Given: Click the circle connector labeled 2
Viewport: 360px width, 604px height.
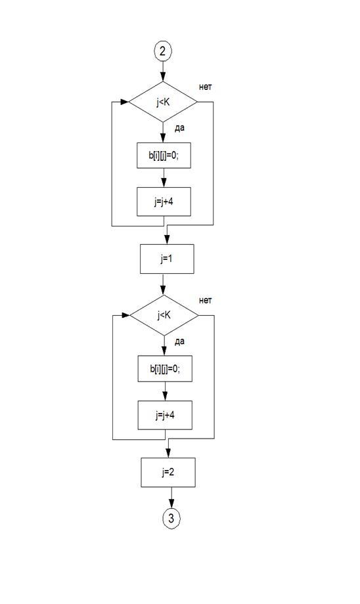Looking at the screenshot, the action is pyautogui.click(x=163, y=51).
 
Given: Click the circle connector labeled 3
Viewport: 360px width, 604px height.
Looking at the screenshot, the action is pyautogui.click(x=171, y=518).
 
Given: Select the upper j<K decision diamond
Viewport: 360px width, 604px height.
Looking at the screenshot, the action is pyautogui.click(x=163, y=102).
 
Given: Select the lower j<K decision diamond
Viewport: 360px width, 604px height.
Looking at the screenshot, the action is pyautogui.click(x=164, y=316).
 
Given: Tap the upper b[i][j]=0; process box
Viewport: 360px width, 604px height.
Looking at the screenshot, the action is pyautogui.click(x=164, y=156).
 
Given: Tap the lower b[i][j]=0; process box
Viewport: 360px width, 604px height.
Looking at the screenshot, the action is pyautogui.click(x=165, y=369).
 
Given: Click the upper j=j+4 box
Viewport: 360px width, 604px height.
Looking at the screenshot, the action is pyautogui.click(x=164, y=202).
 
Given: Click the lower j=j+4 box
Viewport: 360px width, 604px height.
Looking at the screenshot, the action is pyautogui.click(x=165, y=415).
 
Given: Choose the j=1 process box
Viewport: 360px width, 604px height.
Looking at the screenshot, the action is pyautogui.click(x=167, y=259).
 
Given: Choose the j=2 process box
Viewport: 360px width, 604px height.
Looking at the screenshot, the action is pyautogui.click(x=168, y=472).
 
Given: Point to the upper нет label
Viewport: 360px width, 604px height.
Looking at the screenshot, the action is pyautogui.click(x=206, y=87).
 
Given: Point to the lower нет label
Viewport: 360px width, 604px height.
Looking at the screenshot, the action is pyautogui.click(x=206, y=301).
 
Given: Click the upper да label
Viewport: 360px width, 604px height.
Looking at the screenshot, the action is pyautogui.click(x=179, y=128).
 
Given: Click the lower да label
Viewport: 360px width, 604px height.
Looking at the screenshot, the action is pyautogui.click(x=179, y=341).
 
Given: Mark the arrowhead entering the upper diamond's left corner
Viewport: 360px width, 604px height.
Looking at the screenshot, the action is pyautogui.click(x=125, y=102).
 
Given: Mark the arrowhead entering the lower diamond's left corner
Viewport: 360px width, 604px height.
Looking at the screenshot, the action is pyautogui.click(x=125, y=316).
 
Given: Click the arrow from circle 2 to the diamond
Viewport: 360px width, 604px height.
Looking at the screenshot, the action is pyautogui.click(x=163, y=71).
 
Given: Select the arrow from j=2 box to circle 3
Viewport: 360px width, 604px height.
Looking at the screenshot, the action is pyautogui.click(x=171, y=498).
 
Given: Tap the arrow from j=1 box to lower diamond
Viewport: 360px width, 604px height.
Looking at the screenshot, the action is pyautogui.click(x=164, y=284).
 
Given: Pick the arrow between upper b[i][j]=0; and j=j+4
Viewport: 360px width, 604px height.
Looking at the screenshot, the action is pyautogui.click(x=164, y=177).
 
